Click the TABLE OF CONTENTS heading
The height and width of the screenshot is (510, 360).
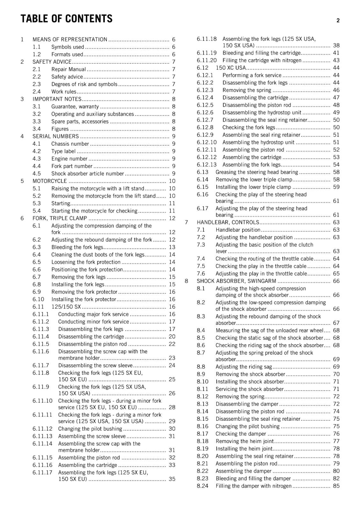[66, 19]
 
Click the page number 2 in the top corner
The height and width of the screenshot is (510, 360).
[338, 21]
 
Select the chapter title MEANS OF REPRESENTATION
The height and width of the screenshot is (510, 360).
[70, 40]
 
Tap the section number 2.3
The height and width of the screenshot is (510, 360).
[37, 84]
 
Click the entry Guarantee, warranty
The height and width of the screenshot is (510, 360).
[75, 106]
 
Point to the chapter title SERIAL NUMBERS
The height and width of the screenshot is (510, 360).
[55, 136]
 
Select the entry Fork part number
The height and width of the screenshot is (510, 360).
[72, 166]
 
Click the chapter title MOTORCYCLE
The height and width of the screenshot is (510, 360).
[50, 181]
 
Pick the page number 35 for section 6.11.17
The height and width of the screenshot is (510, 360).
[172, 479]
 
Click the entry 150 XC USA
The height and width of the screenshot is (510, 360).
[231, 68]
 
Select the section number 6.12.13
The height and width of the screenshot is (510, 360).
[206, 165]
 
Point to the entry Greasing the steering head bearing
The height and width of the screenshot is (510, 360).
[257, 172]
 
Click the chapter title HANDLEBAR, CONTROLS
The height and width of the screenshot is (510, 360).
[228, 222]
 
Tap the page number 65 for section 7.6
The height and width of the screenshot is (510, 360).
[336, 273]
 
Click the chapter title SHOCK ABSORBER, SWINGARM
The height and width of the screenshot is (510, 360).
[236, 281]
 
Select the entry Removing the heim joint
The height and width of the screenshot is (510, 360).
[245, 441]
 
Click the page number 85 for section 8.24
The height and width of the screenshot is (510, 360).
[336, 486]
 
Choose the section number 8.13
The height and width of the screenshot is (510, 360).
[202, 404]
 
